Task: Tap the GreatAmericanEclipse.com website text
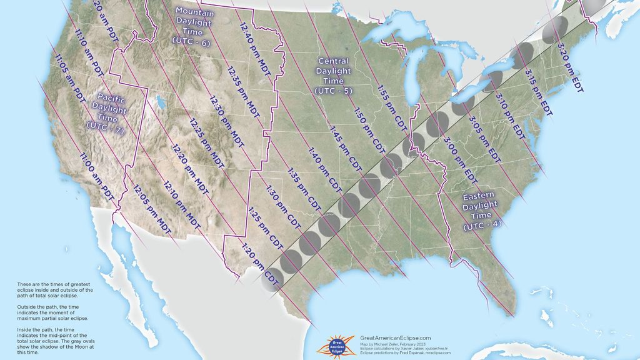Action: click(396, 337)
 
